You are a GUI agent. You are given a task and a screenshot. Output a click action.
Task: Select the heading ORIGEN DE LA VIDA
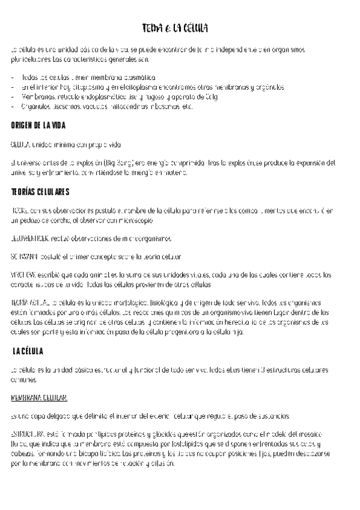click(38, 125)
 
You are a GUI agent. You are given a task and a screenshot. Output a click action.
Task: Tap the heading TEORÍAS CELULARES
click(40, 192)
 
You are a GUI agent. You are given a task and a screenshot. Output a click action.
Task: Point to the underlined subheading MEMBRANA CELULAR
click(39, 398)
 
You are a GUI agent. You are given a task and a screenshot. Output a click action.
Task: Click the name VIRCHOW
click(23, 275)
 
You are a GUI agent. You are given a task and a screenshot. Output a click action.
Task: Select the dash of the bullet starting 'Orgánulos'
click(13, 107)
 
